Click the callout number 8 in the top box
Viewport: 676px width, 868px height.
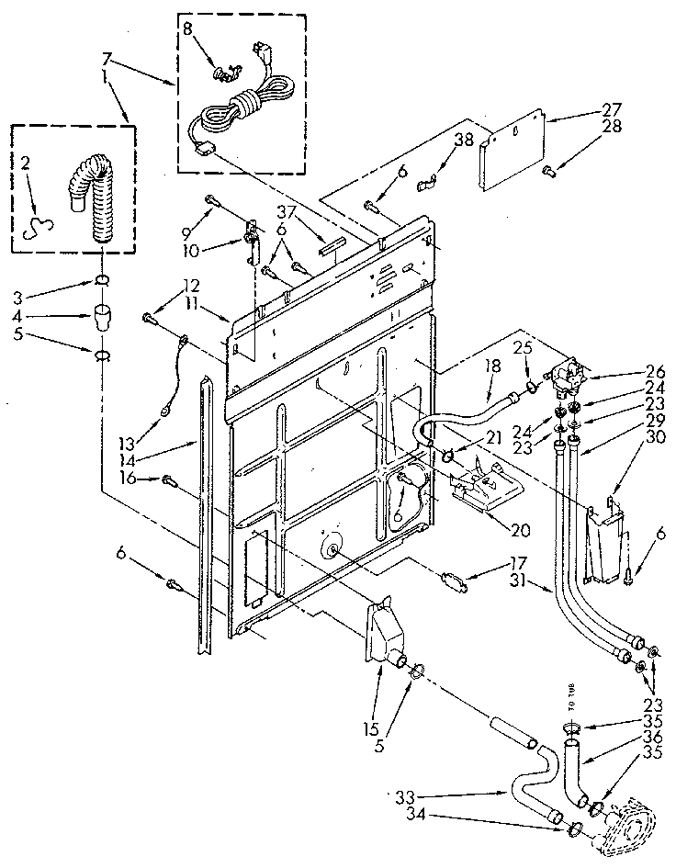[190, 28]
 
